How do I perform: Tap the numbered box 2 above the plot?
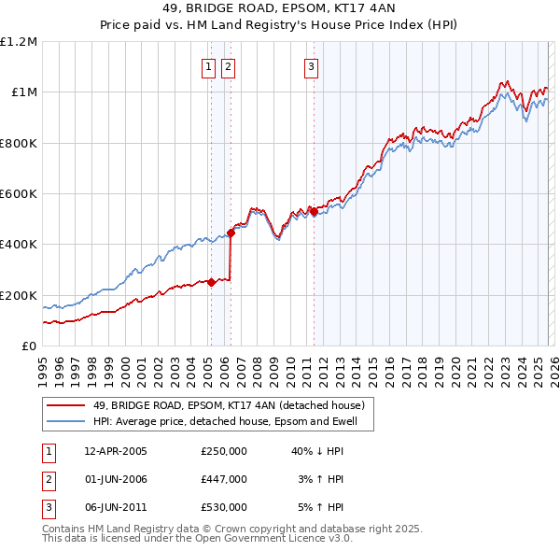point(228,66)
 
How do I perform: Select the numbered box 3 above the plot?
point(311,66)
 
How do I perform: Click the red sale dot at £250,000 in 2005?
point(212,282)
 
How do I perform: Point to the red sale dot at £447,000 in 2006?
point(231,233)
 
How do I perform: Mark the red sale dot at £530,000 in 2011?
point(314,212)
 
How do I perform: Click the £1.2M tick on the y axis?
point(19,42)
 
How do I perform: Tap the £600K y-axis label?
point(19,194)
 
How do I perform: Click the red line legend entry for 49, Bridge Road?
point(233,406)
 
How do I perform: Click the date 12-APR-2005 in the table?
point(116,451)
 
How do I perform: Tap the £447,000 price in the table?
point(224,479)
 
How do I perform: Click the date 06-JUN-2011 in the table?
point(116,507)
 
